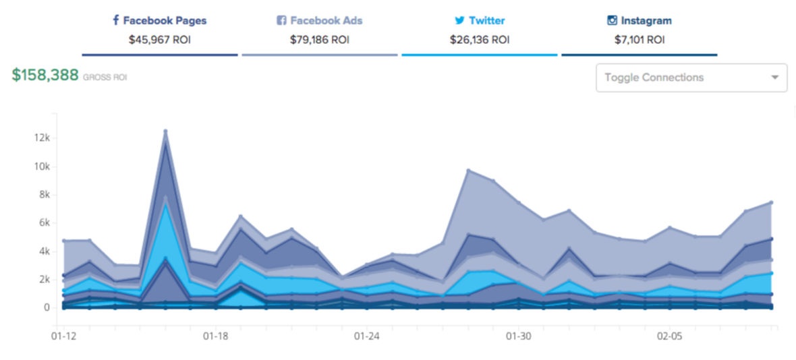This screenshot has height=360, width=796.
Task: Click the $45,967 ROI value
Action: coord(160,40)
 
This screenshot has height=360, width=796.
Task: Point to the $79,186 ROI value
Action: coord(320,40)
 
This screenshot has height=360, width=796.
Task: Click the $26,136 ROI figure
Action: coord(480,40)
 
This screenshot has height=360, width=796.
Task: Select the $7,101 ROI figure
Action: coord(639,40)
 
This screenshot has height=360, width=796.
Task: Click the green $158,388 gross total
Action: coord(45,76)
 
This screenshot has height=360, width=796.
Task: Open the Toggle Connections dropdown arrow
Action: coord(774,78)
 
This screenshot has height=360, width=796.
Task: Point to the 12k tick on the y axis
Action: coord(42,138)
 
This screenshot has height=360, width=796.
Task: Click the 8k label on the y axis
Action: coord(44,195)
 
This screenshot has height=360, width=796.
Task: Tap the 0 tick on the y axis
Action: coord(47,307)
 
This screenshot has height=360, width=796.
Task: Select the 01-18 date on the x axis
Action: coord(215,335)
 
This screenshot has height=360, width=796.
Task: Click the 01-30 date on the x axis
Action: coord(517,335)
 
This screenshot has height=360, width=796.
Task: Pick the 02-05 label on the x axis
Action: coord(669,335)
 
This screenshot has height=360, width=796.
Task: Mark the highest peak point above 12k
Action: coord(165,131)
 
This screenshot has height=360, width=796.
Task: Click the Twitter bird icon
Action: coord(459,20)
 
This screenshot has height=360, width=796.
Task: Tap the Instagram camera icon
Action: coord(612,20)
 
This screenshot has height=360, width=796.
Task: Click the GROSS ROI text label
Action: coord(105,78)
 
